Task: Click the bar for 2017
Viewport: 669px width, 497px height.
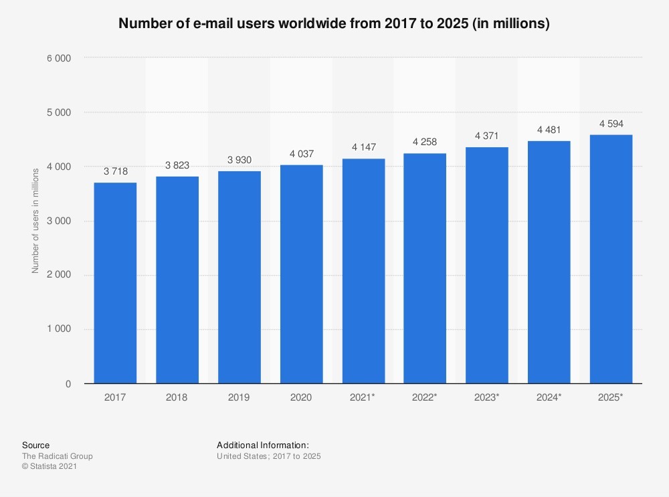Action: coord(115,283)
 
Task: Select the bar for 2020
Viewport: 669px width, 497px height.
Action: coord(301,274)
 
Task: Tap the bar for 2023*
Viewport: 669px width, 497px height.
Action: coord(487,265)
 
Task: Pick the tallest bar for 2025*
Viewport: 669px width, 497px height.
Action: coord(611,259)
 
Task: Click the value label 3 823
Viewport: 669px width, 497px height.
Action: coord(177,165)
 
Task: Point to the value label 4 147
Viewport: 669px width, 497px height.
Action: coord(363,148)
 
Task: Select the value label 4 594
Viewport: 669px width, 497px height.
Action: coord(611,124)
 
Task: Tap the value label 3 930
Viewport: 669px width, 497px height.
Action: coord(240,160)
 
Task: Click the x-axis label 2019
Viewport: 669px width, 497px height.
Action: coord(240,397)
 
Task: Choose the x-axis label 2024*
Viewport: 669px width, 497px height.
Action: coord(549,397)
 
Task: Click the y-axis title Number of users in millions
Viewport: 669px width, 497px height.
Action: coord(35,221)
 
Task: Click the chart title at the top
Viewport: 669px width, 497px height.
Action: coord(334,24)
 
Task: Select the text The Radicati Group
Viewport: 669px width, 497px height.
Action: coord(58,456)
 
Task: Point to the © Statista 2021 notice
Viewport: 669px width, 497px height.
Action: coord(50,467)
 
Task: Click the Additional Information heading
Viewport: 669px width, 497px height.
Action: coord(263,445)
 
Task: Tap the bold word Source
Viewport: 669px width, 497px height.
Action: coord(35,445)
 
